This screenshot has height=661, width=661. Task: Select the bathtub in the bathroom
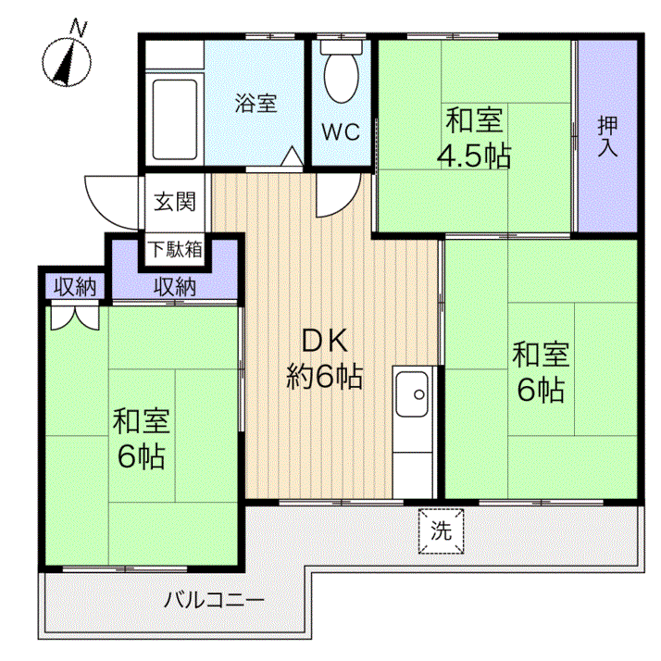(x=175, y=119)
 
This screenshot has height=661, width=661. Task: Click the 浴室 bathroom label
(x=256, y=104)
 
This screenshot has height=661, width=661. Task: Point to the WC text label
(x=341, y=131)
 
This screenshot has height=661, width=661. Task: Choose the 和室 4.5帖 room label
(x=474, y=138)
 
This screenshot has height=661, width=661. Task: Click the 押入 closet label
(x=607, y=136)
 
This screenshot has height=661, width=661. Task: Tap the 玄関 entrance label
(x=175, y=202)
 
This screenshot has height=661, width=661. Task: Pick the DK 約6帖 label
(x=325, y=358)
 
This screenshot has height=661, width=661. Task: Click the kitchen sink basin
(x=412, y=394)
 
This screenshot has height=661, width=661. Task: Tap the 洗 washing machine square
(x=441, y=531)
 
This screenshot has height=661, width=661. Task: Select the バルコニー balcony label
(x=214, y=600)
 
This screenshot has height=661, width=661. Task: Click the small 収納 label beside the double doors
(x=75, y=287)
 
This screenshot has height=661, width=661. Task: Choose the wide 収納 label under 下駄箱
(x=175, y=287)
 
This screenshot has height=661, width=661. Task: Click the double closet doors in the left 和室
(x=75, y=318)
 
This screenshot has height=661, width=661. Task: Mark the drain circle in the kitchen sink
(x=419, y=394)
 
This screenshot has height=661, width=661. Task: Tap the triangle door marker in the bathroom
(x=292, y=156)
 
